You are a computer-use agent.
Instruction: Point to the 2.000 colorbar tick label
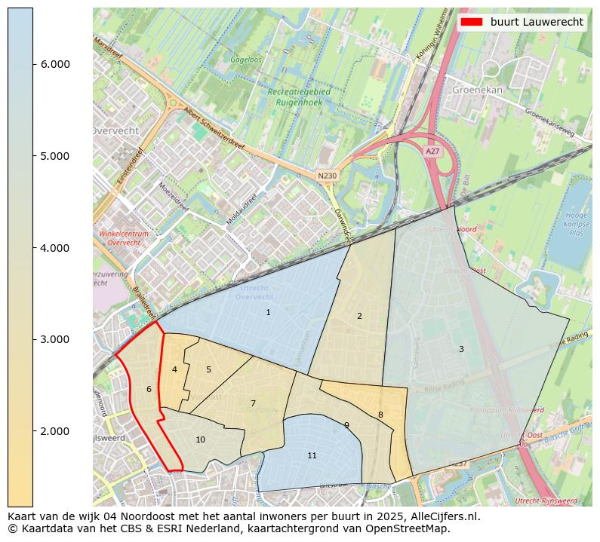click(55, 431)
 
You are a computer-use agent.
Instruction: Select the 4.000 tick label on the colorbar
click(55, 248)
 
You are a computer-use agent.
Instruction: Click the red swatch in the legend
click(472, 22)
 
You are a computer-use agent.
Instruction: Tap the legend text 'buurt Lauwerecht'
click(537, 22)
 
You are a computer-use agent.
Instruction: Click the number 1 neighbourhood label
click(268, 312)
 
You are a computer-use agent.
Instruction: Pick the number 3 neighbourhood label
click(461, 349)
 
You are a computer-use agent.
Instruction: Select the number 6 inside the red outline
click(149, 389)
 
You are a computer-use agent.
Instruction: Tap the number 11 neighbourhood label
click(312, 455)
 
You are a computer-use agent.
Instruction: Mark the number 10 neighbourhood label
click(200, 439)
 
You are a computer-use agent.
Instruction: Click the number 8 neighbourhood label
click(380, 415)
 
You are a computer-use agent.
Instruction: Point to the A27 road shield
click(432, 152)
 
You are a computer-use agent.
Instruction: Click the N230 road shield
click(327, 176)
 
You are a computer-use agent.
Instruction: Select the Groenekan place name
click(477, 89)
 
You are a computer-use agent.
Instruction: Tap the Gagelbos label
click(246, 58)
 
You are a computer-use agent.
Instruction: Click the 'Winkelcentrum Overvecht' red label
click(123, 238)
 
